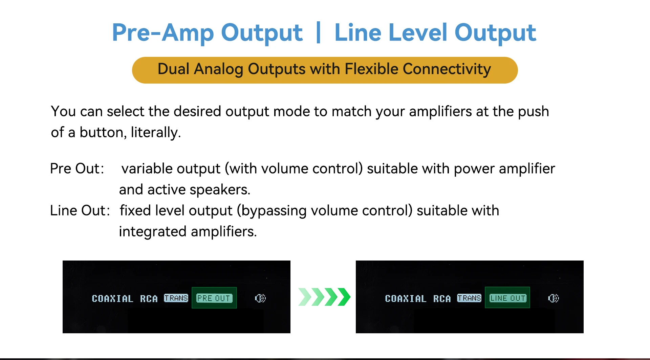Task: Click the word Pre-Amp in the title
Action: click(x=163, y=33)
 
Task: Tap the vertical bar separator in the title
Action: click(x=318, y=32)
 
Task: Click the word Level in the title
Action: click(x=418, y=32)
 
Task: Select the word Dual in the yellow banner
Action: click(x=173, y=69)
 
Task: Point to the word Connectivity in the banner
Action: click(x=447, y=69)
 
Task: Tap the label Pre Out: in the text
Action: click(x=77, y=168)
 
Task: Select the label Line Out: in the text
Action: click(x=80, y=210)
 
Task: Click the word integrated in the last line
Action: click(x=153, y=232)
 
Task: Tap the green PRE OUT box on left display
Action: click(x=214, y=298)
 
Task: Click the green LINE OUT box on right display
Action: click(x=507, y=298)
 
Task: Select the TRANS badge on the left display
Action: click(x=176, y=298)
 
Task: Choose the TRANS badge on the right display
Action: click(x=469, y=298)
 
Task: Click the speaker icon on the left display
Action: click(x=260, y=298)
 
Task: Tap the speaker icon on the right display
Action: click(x=554, y=298)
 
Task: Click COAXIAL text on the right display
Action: click(x=406, y=298)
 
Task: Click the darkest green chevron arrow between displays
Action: click(x=344, y=297)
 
